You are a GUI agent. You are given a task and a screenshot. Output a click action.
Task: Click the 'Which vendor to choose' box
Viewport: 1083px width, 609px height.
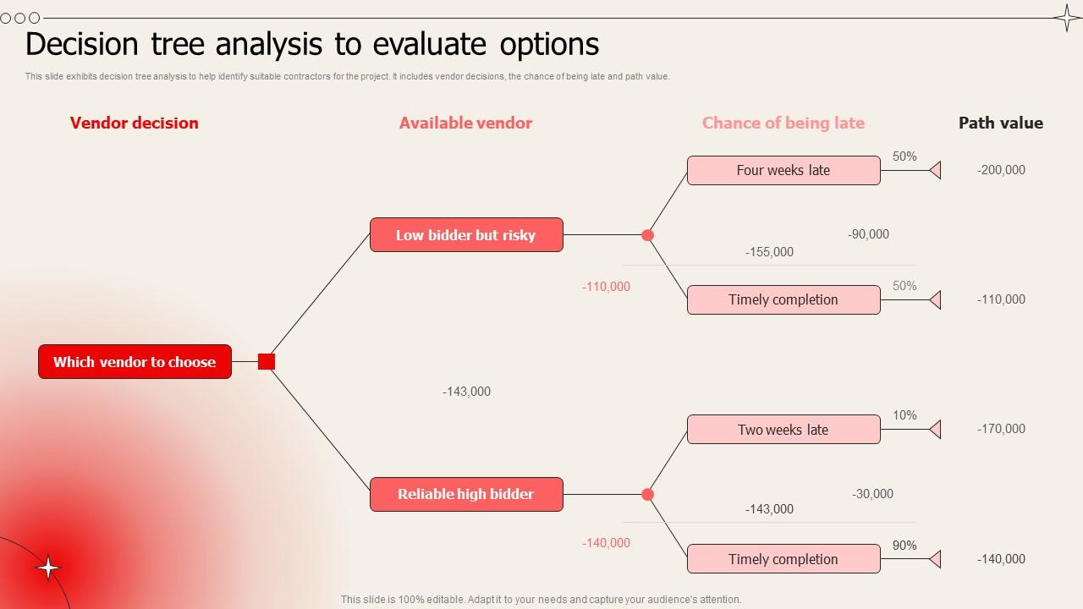[135, 361]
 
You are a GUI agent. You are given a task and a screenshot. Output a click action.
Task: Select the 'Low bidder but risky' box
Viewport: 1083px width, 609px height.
[466, 235]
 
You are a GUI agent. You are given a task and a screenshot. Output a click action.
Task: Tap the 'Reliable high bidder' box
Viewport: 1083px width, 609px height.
[466, 494]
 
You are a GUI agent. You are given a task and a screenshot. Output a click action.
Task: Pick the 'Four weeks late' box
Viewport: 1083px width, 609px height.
[783, 170]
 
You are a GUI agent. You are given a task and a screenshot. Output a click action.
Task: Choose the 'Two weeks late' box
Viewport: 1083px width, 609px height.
[783, 430]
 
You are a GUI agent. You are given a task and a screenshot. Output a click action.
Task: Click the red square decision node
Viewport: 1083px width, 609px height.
[267, 361]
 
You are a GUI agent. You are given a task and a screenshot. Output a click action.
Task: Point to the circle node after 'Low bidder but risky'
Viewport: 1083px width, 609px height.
[648, 235]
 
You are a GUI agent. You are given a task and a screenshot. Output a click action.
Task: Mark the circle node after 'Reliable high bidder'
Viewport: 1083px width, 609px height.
[648, 494]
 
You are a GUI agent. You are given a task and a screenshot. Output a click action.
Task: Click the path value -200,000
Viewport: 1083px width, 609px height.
[1001, 170]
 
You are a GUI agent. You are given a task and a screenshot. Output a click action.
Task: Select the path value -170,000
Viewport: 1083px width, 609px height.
[1001, 429]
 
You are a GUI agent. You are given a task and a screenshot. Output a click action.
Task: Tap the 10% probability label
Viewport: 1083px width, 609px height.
[904, 415]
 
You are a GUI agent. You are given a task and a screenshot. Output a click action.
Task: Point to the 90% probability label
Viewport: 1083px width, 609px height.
[904, 546]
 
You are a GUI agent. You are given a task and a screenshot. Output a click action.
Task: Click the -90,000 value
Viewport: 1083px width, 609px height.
[868, 234]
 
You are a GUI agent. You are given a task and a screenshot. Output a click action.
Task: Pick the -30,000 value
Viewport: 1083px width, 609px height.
[872, 494]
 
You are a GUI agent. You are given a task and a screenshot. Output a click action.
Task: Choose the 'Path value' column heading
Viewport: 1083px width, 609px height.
[1000, 123]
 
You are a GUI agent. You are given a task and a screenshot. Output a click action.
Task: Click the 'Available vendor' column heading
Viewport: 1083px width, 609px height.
[465, 123]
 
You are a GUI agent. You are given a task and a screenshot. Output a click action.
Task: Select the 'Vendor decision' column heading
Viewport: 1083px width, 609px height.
[135, 123]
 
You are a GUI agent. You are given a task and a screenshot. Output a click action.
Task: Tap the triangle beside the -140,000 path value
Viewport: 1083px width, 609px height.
[936, 559]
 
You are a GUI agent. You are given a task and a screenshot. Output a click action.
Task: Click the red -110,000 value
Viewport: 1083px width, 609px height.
[606, 287]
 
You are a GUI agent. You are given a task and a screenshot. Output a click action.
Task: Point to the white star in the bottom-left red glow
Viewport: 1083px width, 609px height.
[49, 568]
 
